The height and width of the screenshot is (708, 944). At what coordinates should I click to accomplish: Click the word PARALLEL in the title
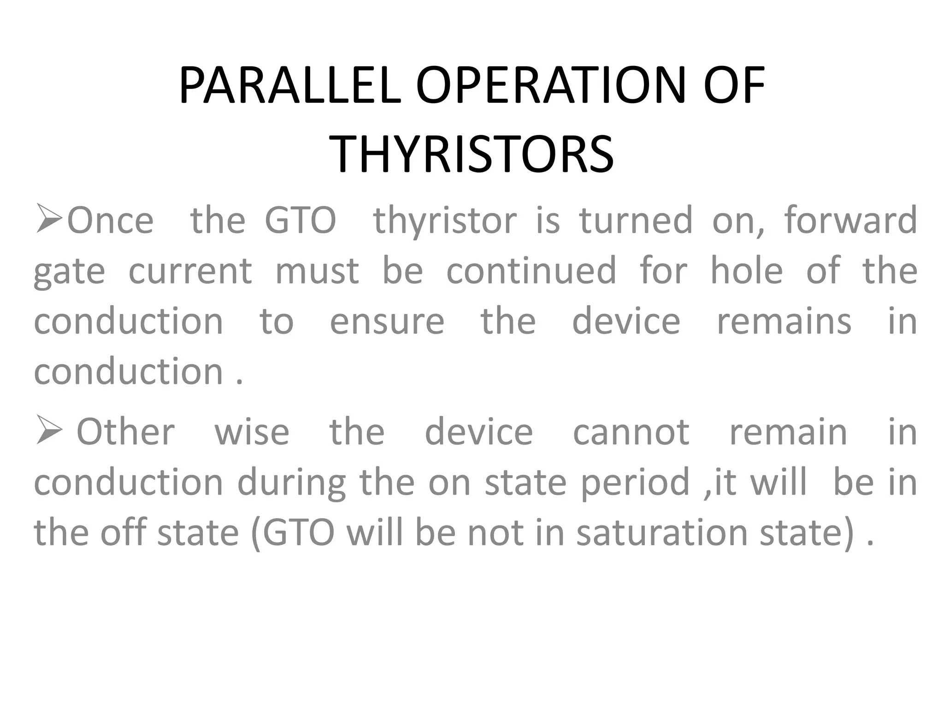pyautogui.click(x=290, y=86)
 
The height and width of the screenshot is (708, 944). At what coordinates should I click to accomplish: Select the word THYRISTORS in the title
pyautogui.click(x=472, y=153)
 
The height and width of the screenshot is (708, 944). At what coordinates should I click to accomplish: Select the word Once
pyautogui.click(x=110, y=221)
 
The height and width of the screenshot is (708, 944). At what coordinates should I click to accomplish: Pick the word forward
pyautogui.click(x=850, y=221)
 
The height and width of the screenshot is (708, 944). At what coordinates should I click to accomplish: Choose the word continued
pyautogui.click(x=531, y=271)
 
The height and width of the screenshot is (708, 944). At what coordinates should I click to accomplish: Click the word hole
pyautogui.click(x=746, y=271)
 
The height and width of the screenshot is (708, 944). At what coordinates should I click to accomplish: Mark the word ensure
pyautogui.click(x=387, y=322)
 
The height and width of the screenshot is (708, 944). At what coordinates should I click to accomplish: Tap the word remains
pyautogui.click(x=784, y=322)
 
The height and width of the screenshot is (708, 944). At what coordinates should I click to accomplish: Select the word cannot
pyautogui.click(x=631, y=433)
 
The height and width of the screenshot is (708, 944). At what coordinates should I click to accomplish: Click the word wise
pyautogui.click(x=252, y=433)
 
